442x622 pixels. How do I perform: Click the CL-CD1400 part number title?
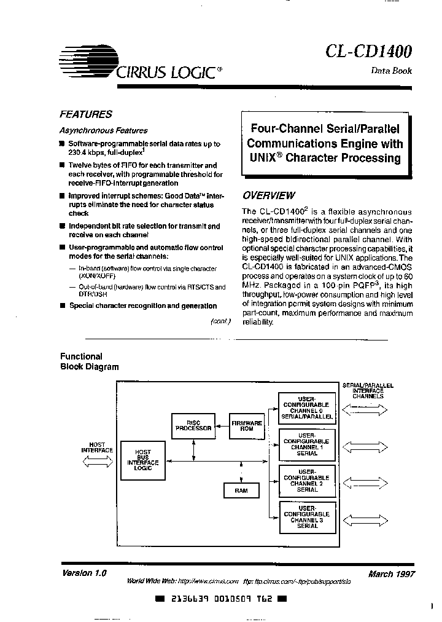[370, 50]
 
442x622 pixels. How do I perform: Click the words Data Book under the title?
[391, 71]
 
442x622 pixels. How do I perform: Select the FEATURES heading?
[85, 114]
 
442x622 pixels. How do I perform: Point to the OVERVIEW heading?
[268, 195]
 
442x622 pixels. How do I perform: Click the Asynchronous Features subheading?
[103, 130]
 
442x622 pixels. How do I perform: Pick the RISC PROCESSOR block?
[193, 426]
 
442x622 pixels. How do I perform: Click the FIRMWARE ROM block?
[247, 426]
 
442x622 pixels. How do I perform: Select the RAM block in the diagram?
[241, 490]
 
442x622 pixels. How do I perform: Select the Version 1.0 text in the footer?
[85, 573]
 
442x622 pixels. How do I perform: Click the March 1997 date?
[391, 574]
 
